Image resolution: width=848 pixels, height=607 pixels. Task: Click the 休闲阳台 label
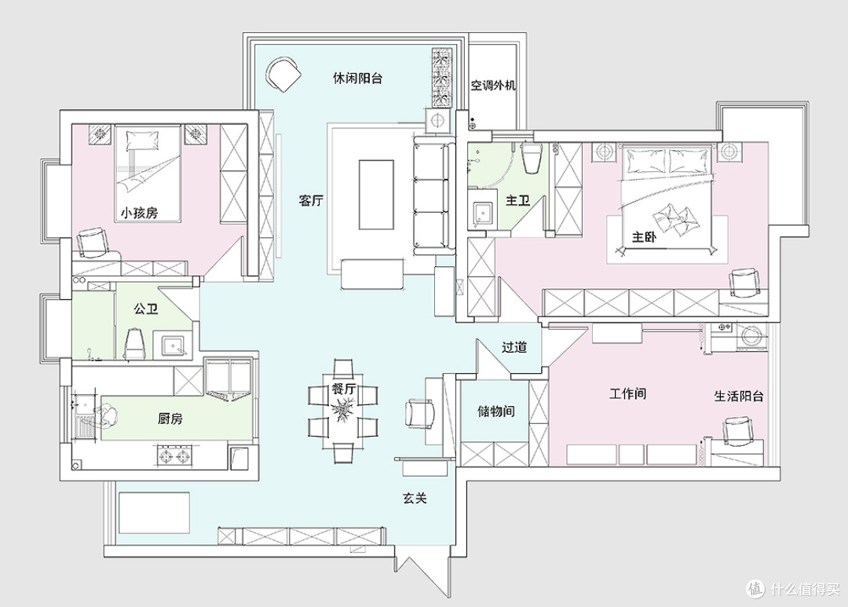coord(357,78)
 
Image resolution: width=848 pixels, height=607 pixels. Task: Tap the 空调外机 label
coord(492,85)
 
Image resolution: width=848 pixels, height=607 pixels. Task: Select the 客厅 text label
coord(311,201)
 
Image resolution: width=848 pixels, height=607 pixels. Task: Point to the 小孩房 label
coord(139,213)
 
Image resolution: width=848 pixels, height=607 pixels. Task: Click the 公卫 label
coord(146,309)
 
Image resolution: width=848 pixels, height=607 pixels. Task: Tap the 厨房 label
coord(170,419)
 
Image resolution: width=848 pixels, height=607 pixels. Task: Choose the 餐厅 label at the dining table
coord(343,389)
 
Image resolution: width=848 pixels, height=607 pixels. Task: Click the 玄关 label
coord(415,498)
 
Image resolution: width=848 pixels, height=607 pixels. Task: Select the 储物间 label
coord(496,411)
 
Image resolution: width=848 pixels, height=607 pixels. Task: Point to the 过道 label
coord(514,347)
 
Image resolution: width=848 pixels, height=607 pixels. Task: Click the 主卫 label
coord(517,201)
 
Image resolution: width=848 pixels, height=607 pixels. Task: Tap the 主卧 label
coord(644,236)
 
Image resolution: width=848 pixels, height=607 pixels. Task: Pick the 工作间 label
coord(628,393)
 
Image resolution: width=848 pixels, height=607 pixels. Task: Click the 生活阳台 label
coord(739,396)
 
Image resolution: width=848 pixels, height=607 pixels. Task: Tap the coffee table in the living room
coord(376,194)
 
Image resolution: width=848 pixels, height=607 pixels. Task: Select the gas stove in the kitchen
coord(174,455)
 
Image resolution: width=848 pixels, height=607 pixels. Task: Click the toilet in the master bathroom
coord(530,156)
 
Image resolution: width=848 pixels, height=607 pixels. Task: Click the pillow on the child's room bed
coord(144,140)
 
